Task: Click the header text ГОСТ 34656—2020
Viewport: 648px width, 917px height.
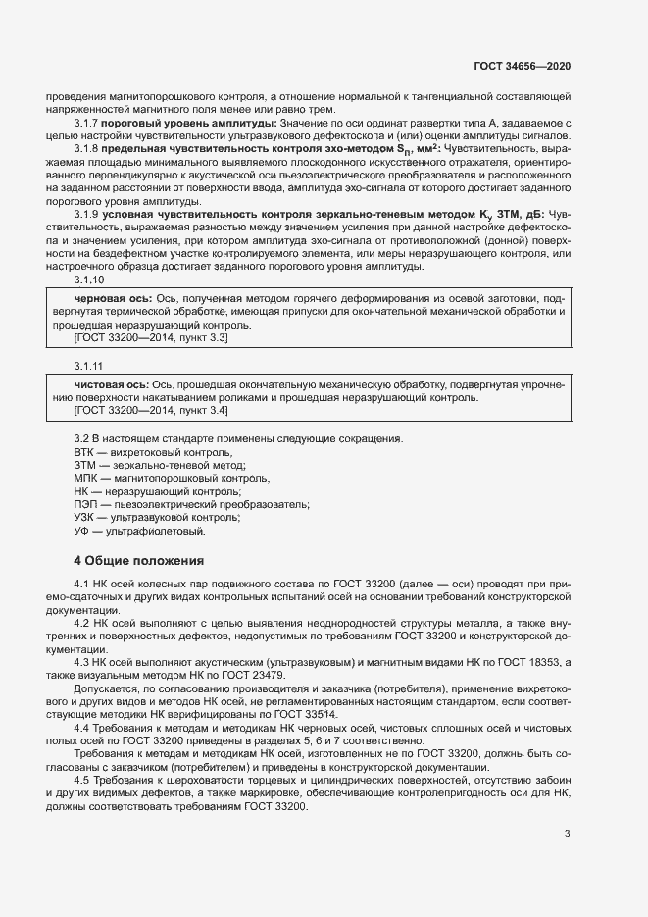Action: point(523,65)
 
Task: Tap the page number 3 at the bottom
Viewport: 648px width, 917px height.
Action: point(568,834)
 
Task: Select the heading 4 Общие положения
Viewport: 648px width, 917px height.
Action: point(140,561)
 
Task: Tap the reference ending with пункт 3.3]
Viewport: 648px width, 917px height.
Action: point(152,337)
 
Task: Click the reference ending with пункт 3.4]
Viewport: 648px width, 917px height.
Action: point(152,411)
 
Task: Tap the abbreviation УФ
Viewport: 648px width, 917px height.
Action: point(83,531)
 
